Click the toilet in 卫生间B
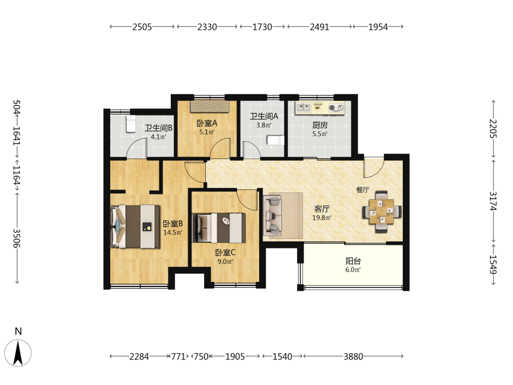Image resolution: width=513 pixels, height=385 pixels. coord(131,123)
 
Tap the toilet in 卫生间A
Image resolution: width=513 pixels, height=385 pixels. coord(275,140)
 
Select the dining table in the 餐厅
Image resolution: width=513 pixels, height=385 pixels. coord(382,212)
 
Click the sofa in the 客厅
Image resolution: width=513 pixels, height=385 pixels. coord(272,216)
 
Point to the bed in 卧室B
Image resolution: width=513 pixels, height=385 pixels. coord(135,226)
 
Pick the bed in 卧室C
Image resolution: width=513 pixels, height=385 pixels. coord(219,228)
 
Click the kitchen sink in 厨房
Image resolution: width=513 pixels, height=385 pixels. coord(304,107)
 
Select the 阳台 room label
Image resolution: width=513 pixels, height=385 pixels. coord(353,261)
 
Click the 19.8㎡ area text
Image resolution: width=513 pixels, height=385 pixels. coord(322,218)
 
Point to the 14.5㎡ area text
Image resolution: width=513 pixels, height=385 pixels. coord(173,233)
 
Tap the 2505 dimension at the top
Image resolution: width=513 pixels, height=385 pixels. coord(142,27)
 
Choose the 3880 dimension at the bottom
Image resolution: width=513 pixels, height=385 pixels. coord(353,356)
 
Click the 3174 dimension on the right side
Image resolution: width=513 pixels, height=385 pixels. coord(493,201)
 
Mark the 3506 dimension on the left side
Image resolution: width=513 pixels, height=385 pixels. coord(17,238)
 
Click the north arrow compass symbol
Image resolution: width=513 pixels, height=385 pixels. coord(18,353)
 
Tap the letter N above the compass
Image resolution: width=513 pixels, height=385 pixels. coord(18,331)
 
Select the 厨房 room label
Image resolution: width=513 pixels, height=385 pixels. coord(320,125)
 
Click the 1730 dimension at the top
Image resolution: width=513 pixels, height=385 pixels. coord(262,27)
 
